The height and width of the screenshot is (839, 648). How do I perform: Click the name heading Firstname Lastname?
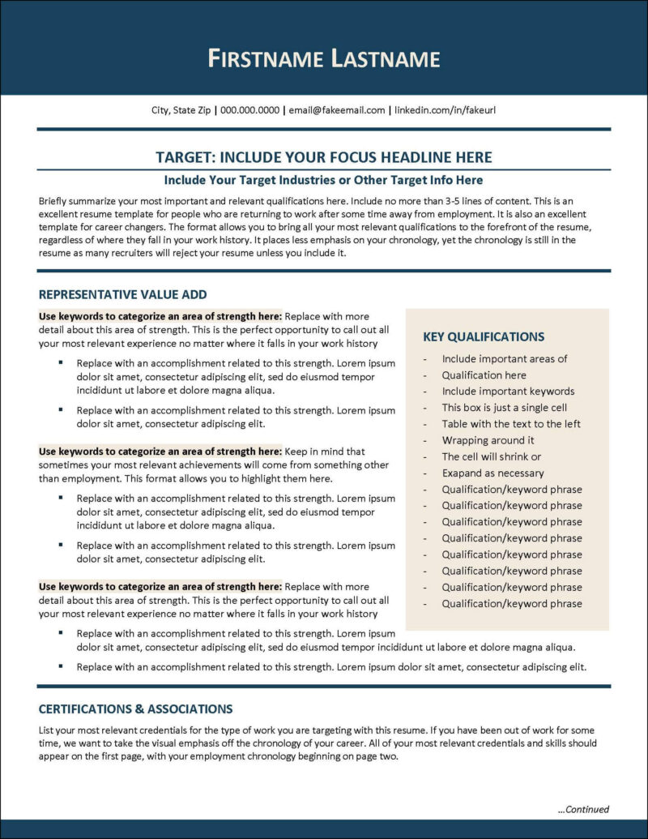pyautogui.click(x=324, y=58)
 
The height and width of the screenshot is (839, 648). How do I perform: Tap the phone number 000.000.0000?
pyautogui.click(x=249, y=109)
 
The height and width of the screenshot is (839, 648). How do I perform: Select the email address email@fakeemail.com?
pyautogui.click(x=336, y=109)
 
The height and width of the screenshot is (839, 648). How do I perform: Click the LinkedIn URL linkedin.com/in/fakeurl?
pyautogui.click(x=445, y=109)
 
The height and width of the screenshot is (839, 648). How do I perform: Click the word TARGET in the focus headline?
pyautogui.click(x=185, y=157)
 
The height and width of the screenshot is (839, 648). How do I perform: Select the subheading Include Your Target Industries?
pyautogui.click(x=323, y=179)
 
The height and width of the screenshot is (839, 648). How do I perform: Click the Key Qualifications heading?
pyautogui.click(x=484, y=336)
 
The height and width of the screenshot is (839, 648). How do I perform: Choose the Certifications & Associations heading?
pyautogui.click(x=135, y=708)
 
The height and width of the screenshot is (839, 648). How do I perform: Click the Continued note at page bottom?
pyautogui.click(x=583, y=809)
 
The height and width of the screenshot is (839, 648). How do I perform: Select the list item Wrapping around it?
pyautogui.click(x=488, y=440)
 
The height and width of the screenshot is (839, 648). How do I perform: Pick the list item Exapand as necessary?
pyautogui.click(x=492, y=473)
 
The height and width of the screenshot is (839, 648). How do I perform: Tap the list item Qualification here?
pyautogui.click(x=484, y=375)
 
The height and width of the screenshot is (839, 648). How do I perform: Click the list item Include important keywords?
pyautogui.click(x=508, y=392)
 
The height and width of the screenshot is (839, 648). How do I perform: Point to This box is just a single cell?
pyautogui.click(x=504, y=408)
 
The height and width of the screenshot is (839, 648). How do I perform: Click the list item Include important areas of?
pyautogui.click(x=504, y=358)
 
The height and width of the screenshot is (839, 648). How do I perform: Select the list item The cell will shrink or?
pyautogui.click(x=491, y=456)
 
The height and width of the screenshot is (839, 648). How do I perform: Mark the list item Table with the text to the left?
pyautogui.click(x=510, y=424)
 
